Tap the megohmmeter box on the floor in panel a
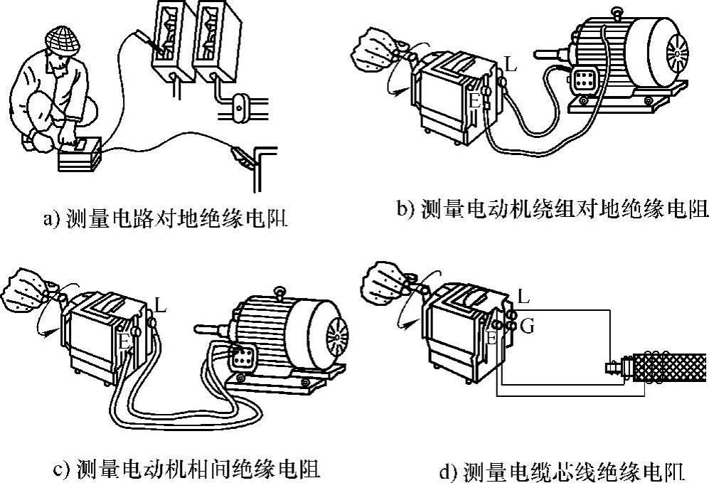[x=78, y=154]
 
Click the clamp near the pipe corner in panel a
[x=239, y=155]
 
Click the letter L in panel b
[x=510, y=66]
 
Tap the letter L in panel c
[x=160, y=307]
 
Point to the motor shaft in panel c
[x=210, y=328]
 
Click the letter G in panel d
[x=527, y=326]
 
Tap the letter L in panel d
[x=524, y=294]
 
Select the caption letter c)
[x=62, y=469]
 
